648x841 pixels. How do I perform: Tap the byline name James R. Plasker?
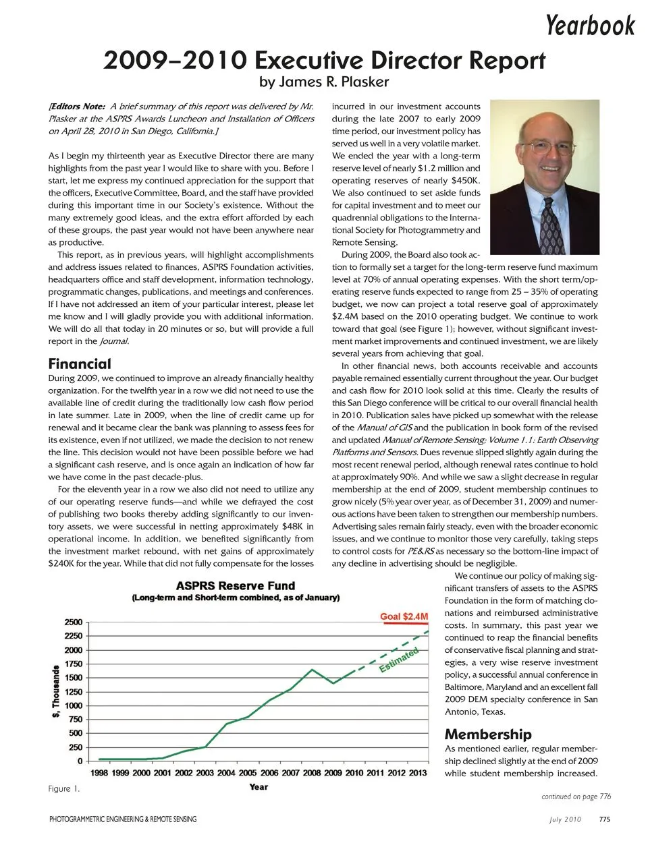coord(325,82)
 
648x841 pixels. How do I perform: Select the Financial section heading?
coord(80,364)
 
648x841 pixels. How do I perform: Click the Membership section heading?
coord(488,734)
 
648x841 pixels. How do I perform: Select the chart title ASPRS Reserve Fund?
coord(236,585)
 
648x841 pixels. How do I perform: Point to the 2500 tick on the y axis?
coord(74,622)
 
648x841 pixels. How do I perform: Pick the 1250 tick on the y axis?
coord(74,691)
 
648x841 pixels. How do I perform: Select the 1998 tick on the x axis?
coord(99,773)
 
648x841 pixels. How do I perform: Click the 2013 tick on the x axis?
coord(418,773)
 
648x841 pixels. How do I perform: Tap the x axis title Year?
coord(259,786)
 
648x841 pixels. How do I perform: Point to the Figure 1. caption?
coord(64,788)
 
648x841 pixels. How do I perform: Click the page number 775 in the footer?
coord(605,819)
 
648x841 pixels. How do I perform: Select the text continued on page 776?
coord(576,796)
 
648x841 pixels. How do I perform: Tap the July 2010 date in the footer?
coord(564,819)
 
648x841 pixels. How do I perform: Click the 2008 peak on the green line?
coord(312,670)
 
